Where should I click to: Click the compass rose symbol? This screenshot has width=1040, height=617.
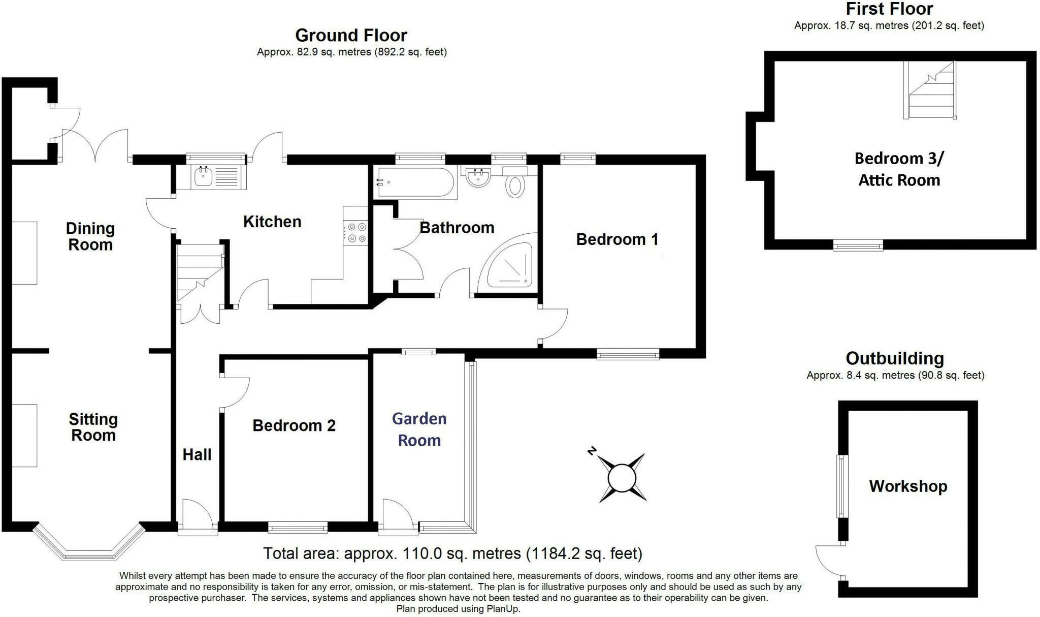tap(622, 478)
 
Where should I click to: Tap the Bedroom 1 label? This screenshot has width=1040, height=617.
tap(617, 239)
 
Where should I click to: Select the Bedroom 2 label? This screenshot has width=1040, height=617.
tap(294, 425)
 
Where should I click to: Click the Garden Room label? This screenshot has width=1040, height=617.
tap(419, 429)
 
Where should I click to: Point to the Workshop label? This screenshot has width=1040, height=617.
tap(908, 486)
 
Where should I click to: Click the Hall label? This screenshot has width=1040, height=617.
tap(197, 454)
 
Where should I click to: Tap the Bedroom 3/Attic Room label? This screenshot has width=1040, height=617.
tap(899, 169)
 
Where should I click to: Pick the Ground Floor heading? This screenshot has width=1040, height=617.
tap(351, 36)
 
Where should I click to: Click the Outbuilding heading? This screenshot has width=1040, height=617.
tap(894, 358)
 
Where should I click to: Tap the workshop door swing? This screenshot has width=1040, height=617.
tap(829, 562)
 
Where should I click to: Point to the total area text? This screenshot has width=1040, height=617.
tap(452, 553)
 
